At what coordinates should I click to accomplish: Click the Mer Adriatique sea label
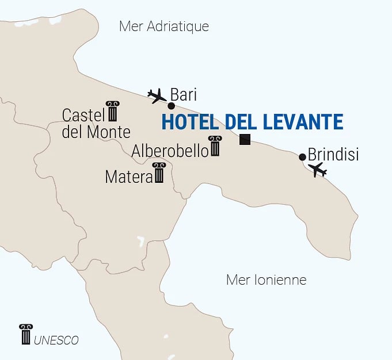(163, 26)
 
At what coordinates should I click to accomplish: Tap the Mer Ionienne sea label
(266, 280)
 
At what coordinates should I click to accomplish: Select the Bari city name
(184, 94)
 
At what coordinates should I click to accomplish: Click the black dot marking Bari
(171, 106)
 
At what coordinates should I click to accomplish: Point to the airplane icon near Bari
(157, 95)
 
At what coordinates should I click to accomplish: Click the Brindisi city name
(333, 155)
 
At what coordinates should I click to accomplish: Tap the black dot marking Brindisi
(303, 157)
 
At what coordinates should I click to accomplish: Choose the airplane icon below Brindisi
(317, 170)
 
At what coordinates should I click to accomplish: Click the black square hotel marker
(245, 139)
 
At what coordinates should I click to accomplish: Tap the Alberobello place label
(170, 151)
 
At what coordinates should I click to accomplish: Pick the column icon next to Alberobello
(215, 147)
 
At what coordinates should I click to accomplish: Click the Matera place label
(128, 177)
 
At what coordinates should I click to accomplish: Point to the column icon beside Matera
(159, 173)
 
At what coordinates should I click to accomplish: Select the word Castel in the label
(83, 115)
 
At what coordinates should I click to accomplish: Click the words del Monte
(96, 132)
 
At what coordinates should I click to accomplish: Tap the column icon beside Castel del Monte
(112, 112)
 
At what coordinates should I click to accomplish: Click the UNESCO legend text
(56, 340)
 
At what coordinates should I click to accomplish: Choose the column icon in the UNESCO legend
(25, 335)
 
